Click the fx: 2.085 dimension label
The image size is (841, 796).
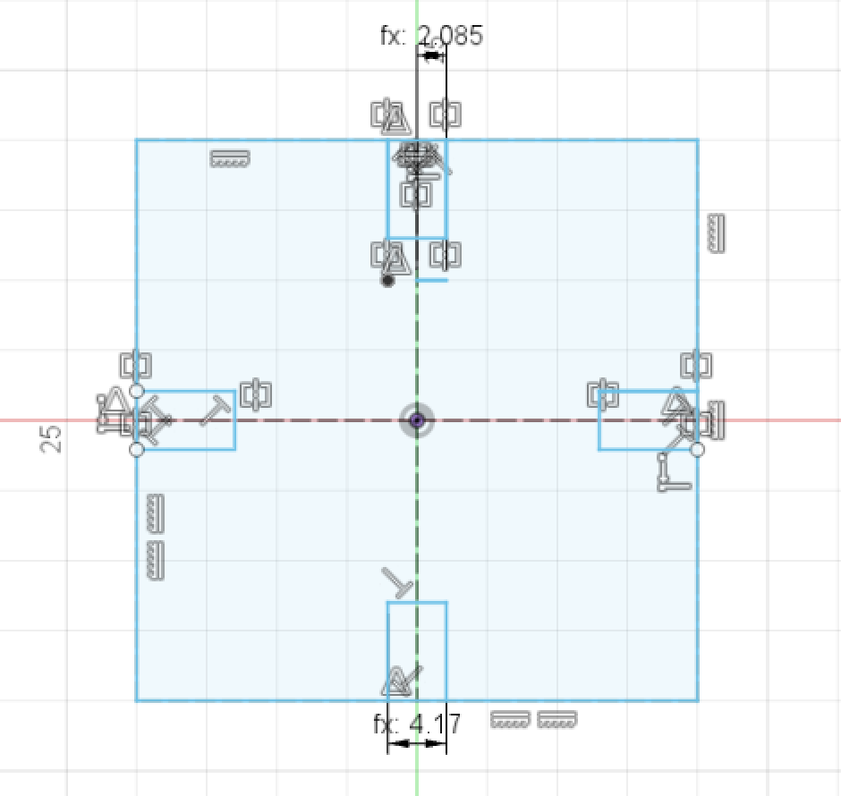tap(431, 36)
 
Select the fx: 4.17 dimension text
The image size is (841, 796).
tap(417, 723)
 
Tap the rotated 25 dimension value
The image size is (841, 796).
tap(52, 438)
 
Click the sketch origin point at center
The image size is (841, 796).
tap(416, 420)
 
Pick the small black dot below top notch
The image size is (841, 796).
tap(387, 280)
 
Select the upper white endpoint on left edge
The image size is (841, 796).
tap(136, 391)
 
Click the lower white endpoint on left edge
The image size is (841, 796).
tap(136, 450)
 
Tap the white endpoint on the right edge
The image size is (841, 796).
tap(697, 449)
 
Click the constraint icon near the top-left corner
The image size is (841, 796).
tap(230, 159)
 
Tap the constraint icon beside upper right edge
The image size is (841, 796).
tap(716, 233)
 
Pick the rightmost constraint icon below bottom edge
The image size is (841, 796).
tap(557, 719)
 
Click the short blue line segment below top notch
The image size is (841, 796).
tap(432, 280)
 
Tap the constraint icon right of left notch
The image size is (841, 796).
tap(256, 393)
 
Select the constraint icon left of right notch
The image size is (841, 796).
tap(603, 393)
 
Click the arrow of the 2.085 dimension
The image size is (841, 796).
tap(432, 55)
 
